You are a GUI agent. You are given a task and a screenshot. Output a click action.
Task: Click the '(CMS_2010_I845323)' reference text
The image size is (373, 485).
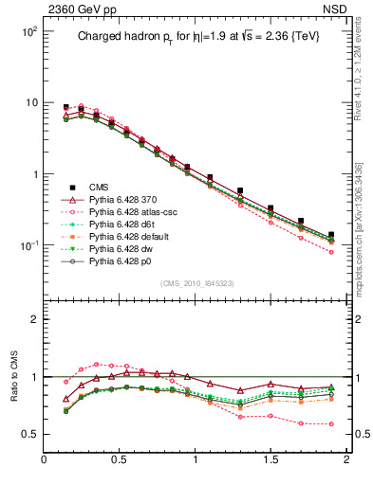196,283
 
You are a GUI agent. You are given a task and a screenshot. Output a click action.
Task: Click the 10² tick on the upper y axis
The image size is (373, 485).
28,31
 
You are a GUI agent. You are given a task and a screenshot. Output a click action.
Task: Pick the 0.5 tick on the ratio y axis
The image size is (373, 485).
28,434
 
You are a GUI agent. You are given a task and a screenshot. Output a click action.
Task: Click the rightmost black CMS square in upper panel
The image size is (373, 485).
331,234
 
